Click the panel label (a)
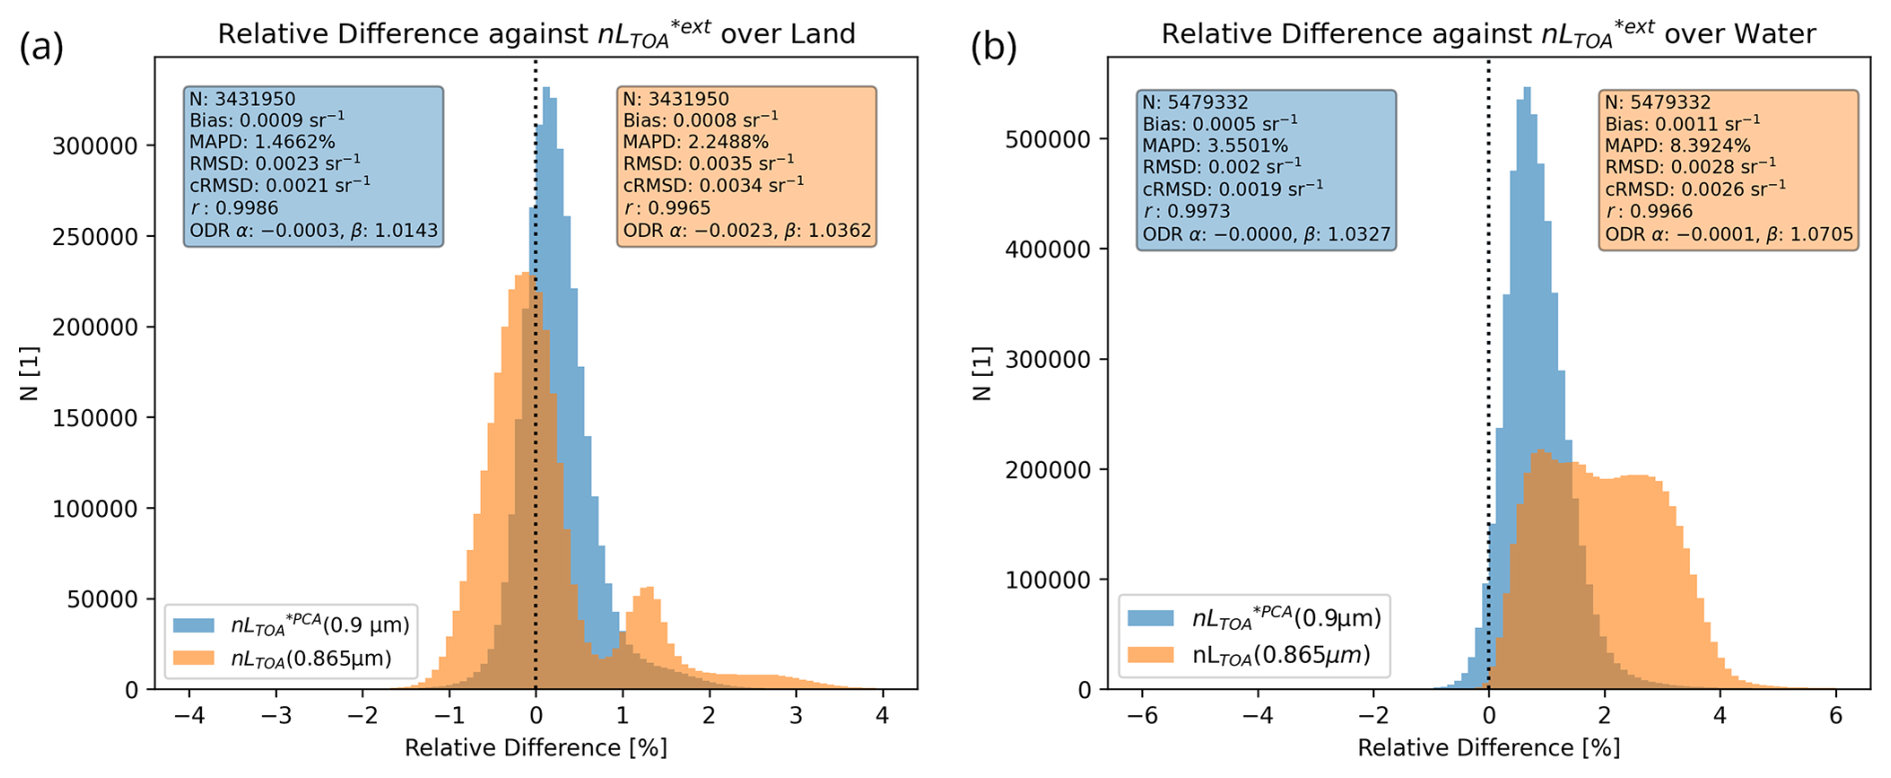[42, 47]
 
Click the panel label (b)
[993, 47]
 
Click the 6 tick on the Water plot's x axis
[1835, 716]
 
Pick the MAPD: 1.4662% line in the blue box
[262, 142]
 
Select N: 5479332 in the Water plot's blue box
[1196, 102]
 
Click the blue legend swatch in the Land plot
[194, 626]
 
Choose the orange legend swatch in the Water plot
[1150, 655]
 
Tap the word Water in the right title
[1775, 34]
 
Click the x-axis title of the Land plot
[536, 748]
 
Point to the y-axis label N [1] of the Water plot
[981, 373]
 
